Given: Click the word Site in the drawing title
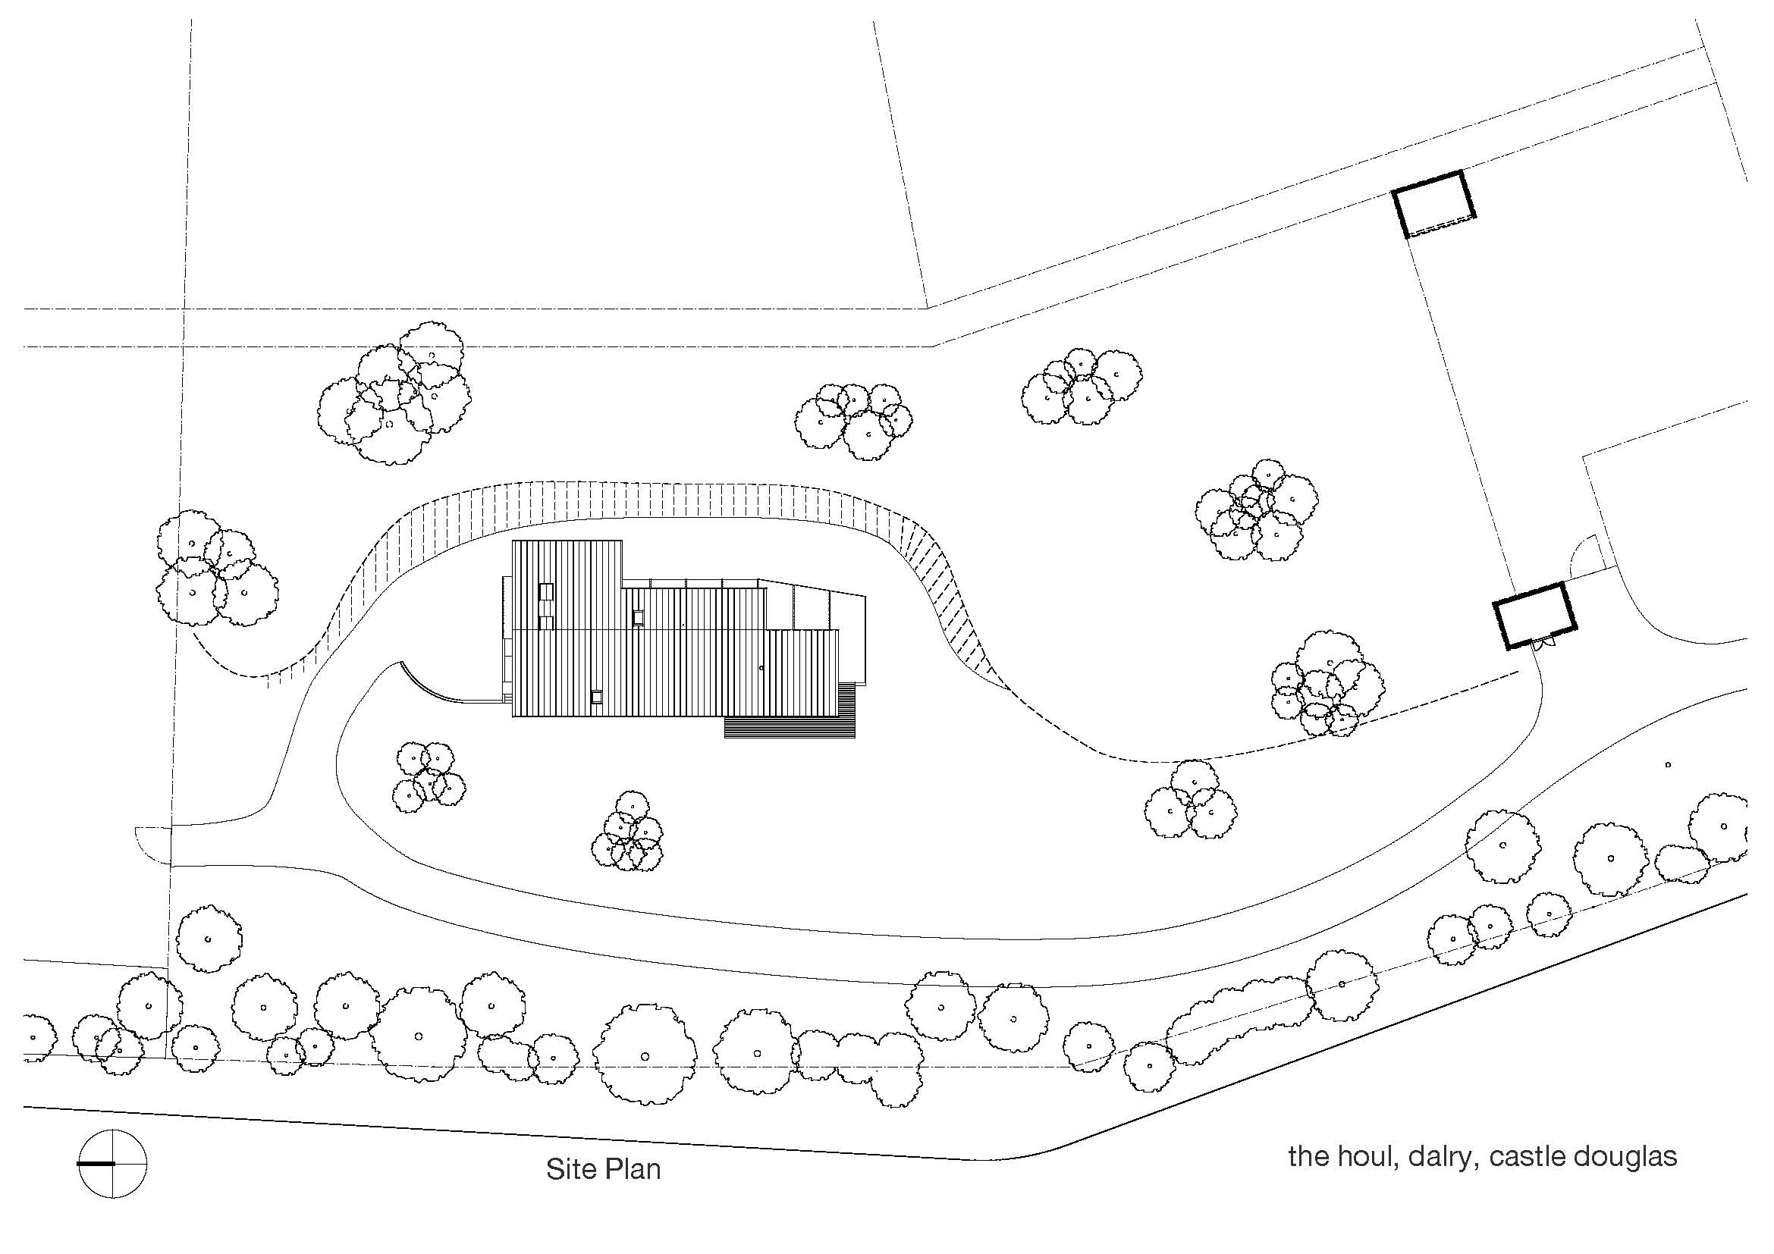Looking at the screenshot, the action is (x=570, y=1169).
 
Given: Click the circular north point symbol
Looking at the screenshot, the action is (x=113, y=1163).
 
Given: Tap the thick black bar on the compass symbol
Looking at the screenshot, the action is (x=96, y=1163).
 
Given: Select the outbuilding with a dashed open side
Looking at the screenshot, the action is (x=1434, y=204).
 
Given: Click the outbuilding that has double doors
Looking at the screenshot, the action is (x=1534, y=616).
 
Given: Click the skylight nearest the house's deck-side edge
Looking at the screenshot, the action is (x=595, y=696).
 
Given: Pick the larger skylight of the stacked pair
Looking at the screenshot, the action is (x=546, y=592).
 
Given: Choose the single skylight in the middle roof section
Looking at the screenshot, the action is (x=638, y=617).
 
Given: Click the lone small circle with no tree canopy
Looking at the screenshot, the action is (x=1668, y=764).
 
